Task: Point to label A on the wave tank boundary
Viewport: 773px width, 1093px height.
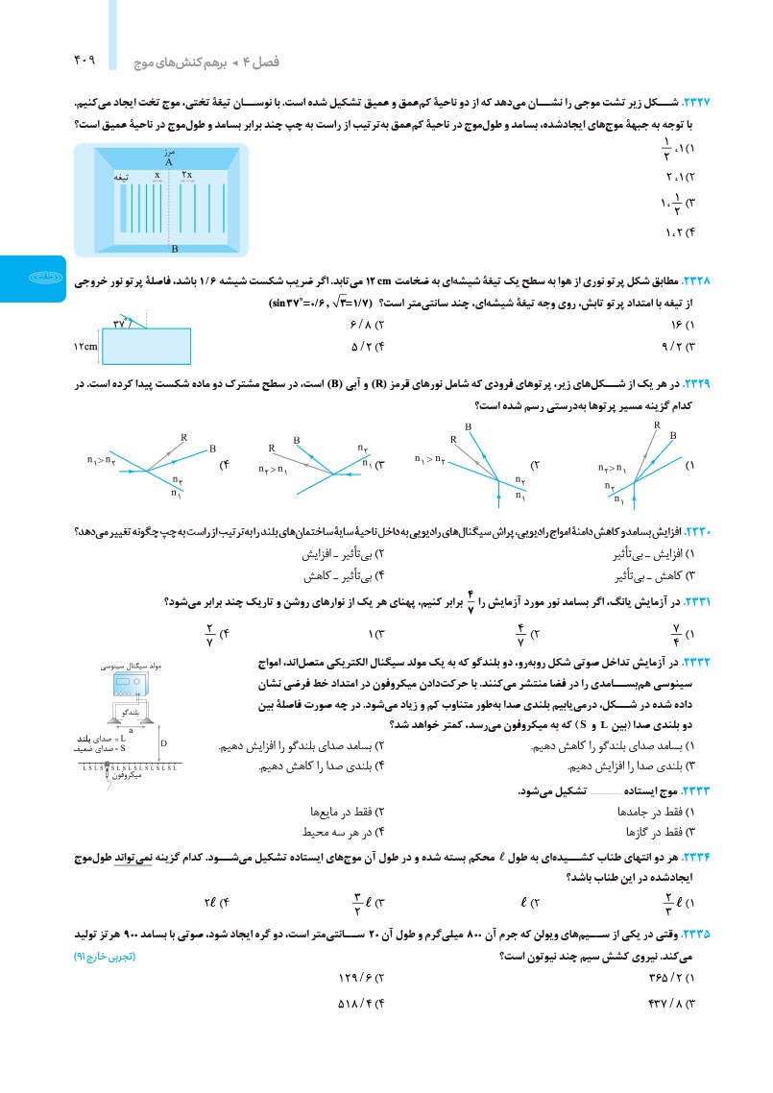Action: click(x=169, y=162)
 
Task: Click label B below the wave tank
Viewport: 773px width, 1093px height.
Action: click(x=174, y=249)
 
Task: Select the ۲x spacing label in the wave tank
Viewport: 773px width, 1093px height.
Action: click(x=188, y=175)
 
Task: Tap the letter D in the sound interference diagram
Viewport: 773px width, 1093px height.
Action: click(x=163, y=742)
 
